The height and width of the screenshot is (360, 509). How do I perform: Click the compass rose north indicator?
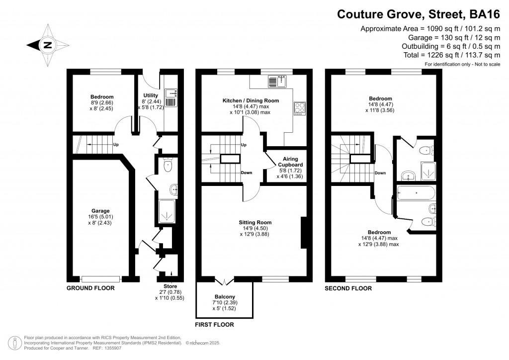47,45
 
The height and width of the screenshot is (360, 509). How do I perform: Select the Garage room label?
100,211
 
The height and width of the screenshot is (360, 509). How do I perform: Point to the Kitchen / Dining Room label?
250,100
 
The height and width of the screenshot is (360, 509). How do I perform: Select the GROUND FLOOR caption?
91,288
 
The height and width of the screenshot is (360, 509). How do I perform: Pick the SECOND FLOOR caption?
348,288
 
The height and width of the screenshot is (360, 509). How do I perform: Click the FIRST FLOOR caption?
215,325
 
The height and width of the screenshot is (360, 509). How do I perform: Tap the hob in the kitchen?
300,109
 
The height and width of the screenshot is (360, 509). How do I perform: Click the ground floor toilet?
168,166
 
